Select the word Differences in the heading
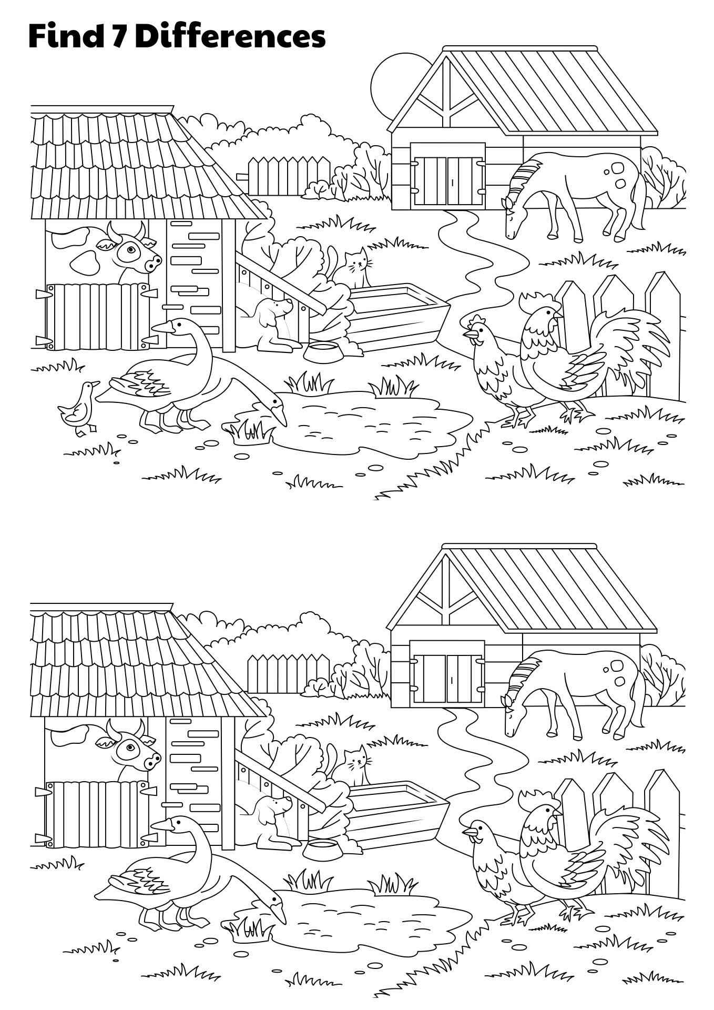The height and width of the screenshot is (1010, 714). tap(232, 37)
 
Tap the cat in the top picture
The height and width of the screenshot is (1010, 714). tap(352, 268)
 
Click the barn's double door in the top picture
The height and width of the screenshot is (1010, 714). tap(447, 174)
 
